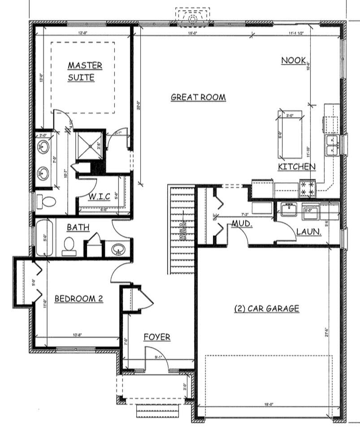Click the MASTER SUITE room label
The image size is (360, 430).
[x=84, y=71]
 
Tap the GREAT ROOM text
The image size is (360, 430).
[x=198, y=97]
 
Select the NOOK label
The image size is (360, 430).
[x=293, y=60]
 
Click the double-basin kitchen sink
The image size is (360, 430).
[x=332, y=146]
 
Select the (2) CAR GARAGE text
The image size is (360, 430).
[x=266, y=308]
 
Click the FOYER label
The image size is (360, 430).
[x=157, y=337]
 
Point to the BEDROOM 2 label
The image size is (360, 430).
[x=78, y=298]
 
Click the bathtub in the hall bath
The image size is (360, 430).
[x=44, y=237]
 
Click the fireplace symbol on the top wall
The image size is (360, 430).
[x=192, y=17]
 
